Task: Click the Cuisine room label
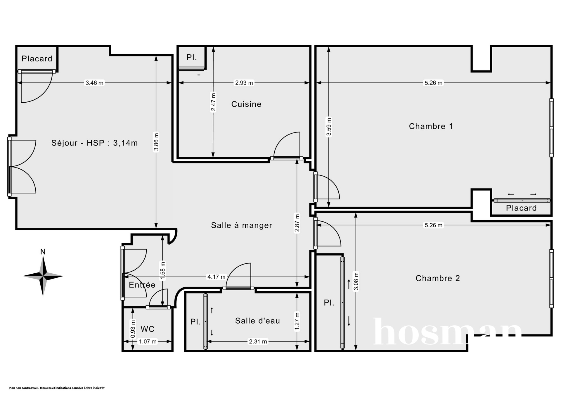[246, 104]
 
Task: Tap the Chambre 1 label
[431, 126]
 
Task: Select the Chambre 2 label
[438, 278]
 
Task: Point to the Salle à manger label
[242, 225]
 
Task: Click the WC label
[147, 329]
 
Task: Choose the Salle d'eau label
[257, 321]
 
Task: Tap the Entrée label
[142, 285]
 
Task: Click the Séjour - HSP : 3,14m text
[94, 143]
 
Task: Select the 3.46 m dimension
[94, 83]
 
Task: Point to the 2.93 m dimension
[244, 83]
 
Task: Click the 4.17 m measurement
[216, 277]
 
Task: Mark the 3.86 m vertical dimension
[156, 142]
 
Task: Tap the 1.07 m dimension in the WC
[148, 341]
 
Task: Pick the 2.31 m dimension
[258, 341]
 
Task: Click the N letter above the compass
[43, 252]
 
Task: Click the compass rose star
[43, 276]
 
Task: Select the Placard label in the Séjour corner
[37, 59]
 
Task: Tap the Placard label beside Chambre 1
[521, 208]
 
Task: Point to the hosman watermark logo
[447, 332]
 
